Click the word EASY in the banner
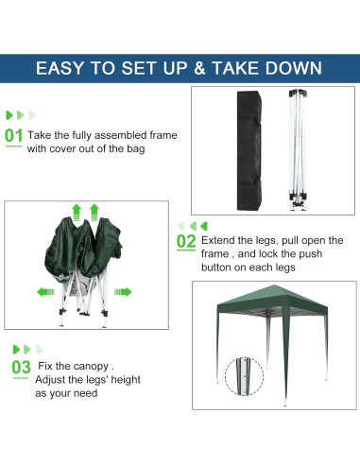pyautogui.click(x=65, y=68)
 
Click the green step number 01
pyautogui.click(x=14, y=136)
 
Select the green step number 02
pyautogui.click(x=185, y=241)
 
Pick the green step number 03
pyautogui.click(x=20, y=367)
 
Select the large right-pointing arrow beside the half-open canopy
pyautogui.click(x=124, y=292)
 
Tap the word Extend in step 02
pyautogui.click(x=218, y=240)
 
